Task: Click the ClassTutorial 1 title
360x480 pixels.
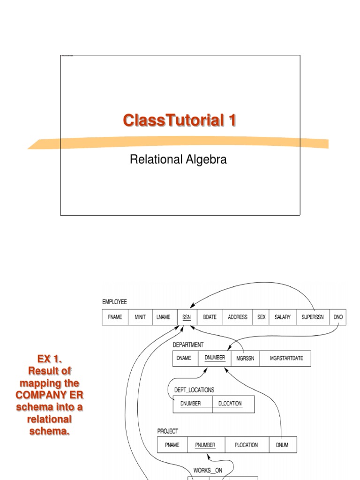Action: click(180, 120)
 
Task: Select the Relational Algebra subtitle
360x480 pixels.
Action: click(178, 159)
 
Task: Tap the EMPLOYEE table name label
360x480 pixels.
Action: click(114, 302)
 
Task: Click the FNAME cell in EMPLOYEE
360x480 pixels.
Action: click(115, 317)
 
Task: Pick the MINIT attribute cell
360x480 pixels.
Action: click(140, 317)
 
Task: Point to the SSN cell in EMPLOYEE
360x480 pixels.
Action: click(187, 317)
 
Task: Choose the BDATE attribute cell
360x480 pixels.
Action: click(210, 317)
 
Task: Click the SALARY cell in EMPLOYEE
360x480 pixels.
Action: click(283, 317)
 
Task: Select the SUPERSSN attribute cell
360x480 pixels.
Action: click(313, 317)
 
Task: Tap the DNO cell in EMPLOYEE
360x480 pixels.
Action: click(338, 317)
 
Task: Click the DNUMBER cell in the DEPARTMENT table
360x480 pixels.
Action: click(215, 359)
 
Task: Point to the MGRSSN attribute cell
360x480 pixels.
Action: click(245, 359)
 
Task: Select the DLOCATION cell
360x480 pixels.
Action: click(230, 404)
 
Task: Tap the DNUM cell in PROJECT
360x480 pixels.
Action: click(283, 445)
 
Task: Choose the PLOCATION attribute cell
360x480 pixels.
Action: click(246, 445)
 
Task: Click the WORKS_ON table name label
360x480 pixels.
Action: click(208, 470)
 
